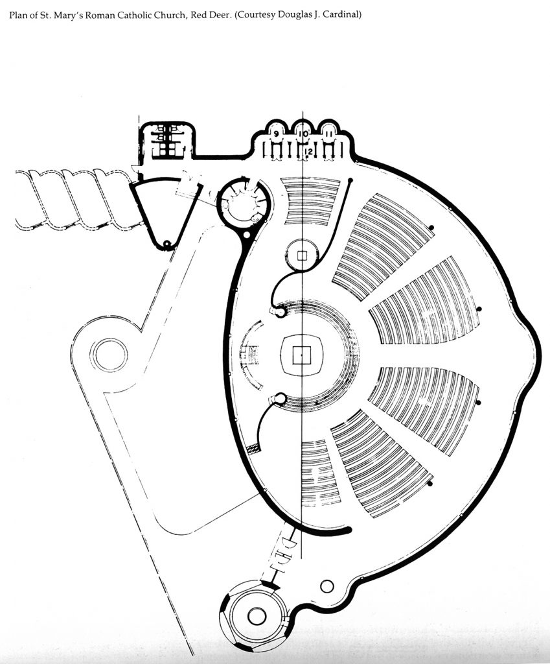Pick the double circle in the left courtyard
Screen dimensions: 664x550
click(109, 355)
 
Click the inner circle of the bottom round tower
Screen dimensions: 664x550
click(257, 615)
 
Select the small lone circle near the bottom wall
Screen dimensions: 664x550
click(327, 586)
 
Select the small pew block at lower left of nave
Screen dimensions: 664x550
click(319, 472)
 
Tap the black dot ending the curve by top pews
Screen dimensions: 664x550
click(350, 181)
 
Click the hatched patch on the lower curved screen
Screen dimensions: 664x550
click(255, 447)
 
